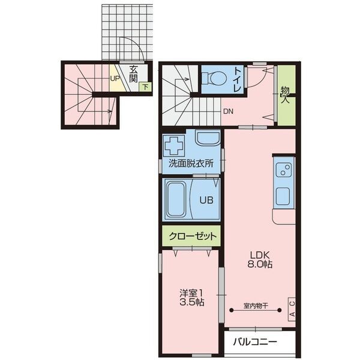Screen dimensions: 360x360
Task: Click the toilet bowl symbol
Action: point(213,79)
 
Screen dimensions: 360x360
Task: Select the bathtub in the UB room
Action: point(176,199)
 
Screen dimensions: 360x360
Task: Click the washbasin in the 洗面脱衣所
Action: point(208,140)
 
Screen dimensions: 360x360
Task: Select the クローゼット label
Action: point(191,236)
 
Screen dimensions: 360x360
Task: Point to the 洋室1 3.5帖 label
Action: point(191,298)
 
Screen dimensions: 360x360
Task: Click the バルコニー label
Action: point(256,343)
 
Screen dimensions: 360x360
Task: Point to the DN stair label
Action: point(228,111)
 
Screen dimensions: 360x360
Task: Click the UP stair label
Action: point(114,77)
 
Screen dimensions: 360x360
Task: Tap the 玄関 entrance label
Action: point(133,73)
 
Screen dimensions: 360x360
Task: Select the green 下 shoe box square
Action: point(146,87)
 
